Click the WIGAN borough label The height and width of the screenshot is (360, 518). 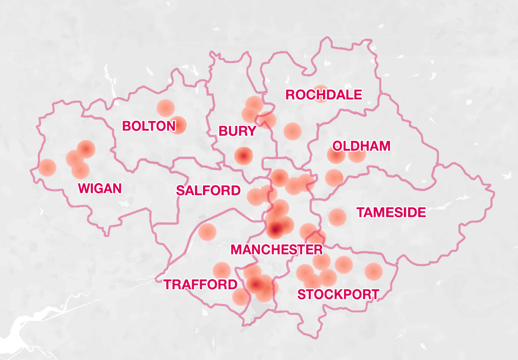(100, 188)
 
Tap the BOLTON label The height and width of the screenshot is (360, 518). (149, 126)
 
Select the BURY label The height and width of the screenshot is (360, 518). (237, 131)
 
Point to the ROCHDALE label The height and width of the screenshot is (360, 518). (323, 95)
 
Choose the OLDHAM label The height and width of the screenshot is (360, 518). (361, 146)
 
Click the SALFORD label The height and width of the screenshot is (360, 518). (208, 190)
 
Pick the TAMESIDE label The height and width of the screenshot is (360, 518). (391, 212)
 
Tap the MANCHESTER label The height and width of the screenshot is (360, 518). (277, 249)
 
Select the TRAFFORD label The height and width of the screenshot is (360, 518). (200, 285)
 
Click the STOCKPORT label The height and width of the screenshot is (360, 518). (338, 294)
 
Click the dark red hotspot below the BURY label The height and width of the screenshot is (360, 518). (243, 156)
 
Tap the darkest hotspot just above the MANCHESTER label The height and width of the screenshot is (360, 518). (275, 229)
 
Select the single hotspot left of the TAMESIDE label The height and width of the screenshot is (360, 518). (337, 217)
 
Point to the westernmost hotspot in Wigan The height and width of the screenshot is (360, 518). (47, 168)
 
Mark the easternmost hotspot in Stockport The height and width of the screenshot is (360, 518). (373, 271)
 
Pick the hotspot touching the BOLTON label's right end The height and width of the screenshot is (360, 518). (178, 125)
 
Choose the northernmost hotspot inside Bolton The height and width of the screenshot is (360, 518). (166, 108)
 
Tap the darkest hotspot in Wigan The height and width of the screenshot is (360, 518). (86, 149)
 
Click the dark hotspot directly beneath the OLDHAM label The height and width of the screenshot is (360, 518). (336, 155)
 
